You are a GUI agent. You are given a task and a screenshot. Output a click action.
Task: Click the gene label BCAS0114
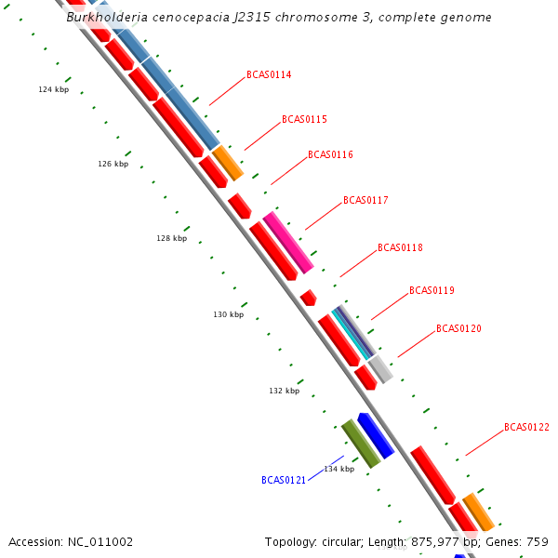(x=269, y=74)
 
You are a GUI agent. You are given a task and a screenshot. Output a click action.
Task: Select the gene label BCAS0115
(x=304, y=119)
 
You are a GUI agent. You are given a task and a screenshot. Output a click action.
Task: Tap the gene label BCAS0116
(x=330, y=154)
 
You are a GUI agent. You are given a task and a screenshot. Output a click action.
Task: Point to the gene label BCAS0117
(x=365, y=200)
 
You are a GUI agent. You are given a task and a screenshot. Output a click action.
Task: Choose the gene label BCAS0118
(x=400, y=247)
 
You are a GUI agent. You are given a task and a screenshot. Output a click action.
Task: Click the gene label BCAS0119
(x=432, y=290)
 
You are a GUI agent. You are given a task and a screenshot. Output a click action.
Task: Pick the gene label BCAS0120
(x=458, y=328)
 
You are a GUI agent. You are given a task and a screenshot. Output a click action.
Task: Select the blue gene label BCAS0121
(x=284, y=480)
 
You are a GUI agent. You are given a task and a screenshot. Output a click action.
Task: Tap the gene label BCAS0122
(x=526, y=427)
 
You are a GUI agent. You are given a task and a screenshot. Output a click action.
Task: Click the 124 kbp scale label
(x=53, y=89)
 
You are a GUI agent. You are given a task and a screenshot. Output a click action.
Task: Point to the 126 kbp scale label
(x=113, y=164)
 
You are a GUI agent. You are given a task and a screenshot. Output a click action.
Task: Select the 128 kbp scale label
(x=171, y=238)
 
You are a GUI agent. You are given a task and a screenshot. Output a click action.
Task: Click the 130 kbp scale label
(x=228, y=314)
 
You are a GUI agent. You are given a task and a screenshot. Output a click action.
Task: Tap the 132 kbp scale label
(x=284, y=391)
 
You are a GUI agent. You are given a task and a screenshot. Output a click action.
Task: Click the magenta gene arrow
(x=287, y=242)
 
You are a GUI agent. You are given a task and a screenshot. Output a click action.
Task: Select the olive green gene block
(x=360, y=443)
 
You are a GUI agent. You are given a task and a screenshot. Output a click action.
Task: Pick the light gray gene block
(x=379, y=369)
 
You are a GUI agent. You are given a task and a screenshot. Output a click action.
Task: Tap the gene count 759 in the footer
(x=538, y=541)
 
